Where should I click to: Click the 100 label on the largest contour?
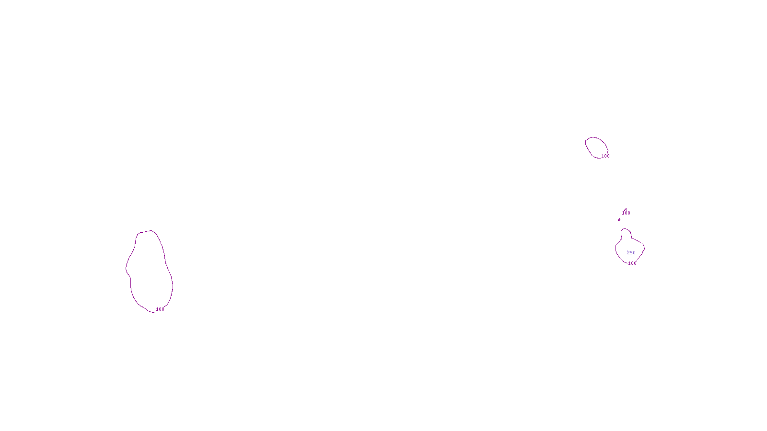click(160, 309)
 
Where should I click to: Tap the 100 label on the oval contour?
click(605, 156)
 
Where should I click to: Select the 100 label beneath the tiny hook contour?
click(626, 213)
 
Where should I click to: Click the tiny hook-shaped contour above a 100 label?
click(626, 209)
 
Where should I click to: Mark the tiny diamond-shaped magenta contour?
click(619, 220)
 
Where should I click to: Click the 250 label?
click(631, 253)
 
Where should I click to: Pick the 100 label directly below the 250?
click(632, 263)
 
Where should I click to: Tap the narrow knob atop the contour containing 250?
click(625, 233)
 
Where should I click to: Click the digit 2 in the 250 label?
click(628, 253)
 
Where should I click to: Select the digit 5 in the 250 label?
click(631, 253)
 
